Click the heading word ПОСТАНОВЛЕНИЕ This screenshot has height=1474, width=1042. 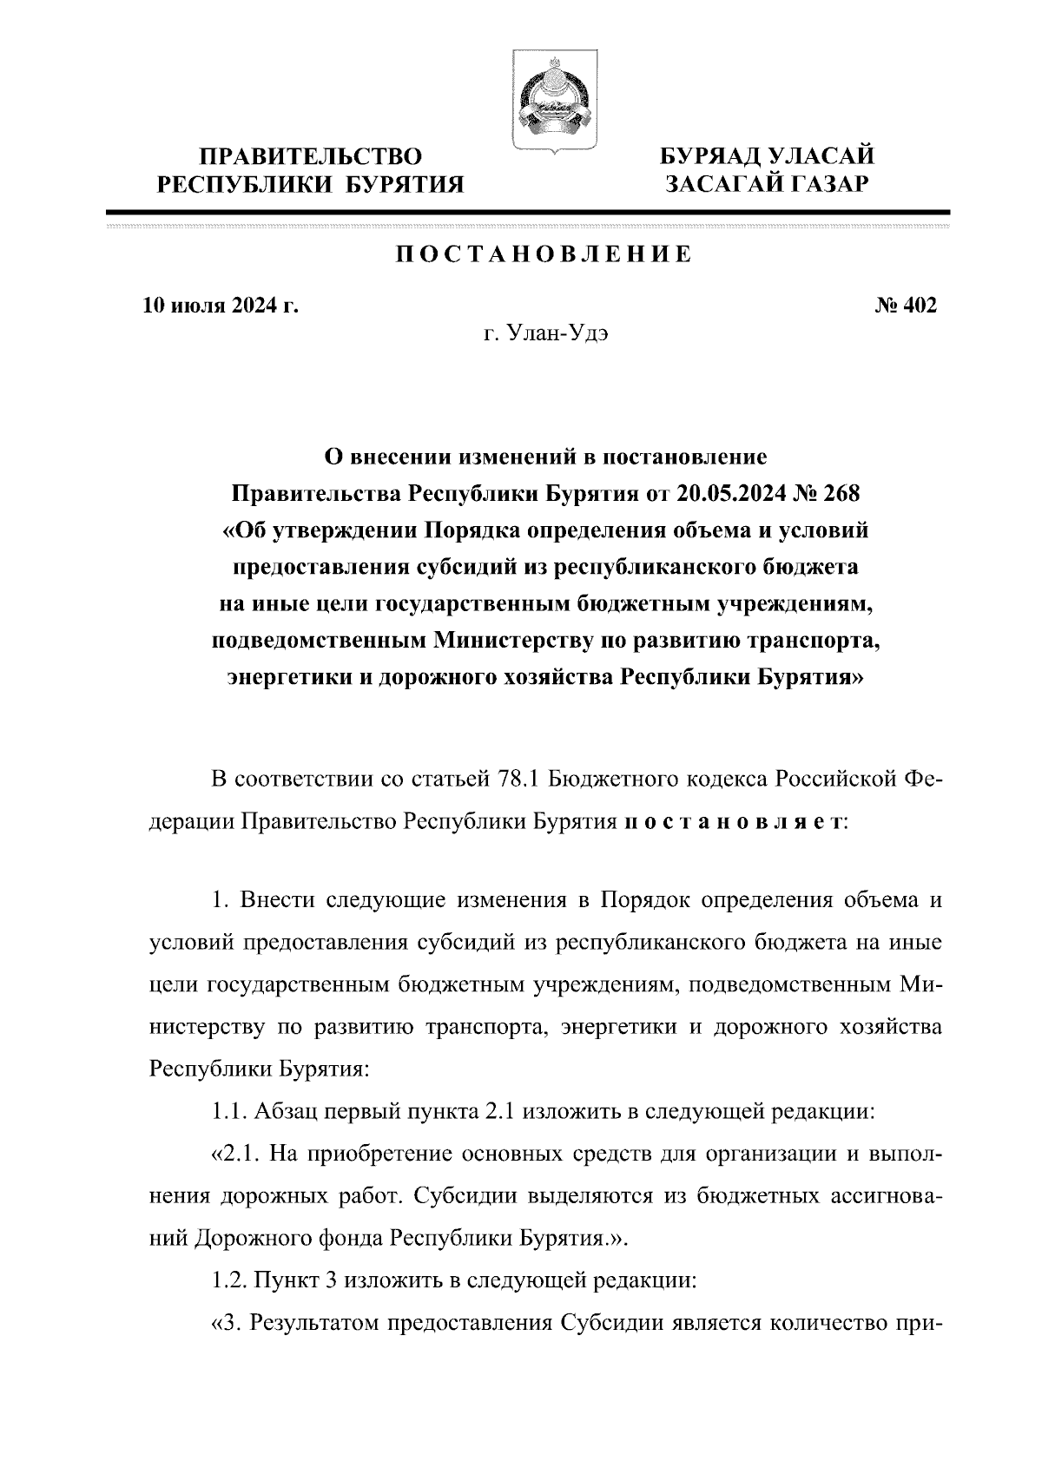coord(544,254)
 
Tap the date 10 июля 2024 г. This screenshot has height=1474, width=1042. coord(221,306)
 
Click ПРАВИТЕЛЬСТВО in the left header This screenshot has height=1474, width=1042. coord(312,157)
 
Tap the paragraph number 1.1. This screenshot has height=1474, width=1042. coord(230,1110)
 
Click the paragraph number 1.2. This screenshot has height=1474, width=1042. coord(230,1280)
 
